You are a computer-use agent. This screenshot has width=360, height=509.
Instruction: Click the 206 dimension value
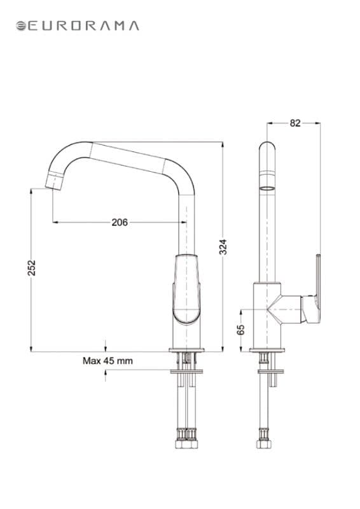click(120, 222)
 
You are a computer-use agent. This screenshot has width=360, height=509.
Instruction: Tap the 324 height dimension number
click(223, 247)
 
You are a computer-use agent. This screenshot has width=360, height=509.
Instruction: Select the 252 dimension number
click(31, 268)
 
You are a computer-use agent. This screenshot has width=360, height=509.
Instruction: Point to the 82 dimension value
click(295, 123)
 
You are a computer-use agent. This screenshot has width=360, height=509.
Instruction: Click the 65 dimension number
click(240, 330)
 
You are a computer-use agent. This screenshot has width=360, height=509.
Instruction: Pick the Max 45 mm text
click(107, 361)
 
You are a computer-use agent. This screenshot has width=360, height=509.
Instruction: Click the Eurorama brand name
click(84, 25)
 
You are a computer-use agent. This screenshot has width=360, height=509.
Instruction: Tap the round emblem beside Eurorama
click(21, 26)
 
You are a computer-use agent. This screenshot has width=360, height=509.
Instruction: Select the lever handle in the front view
click(186, 289)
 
